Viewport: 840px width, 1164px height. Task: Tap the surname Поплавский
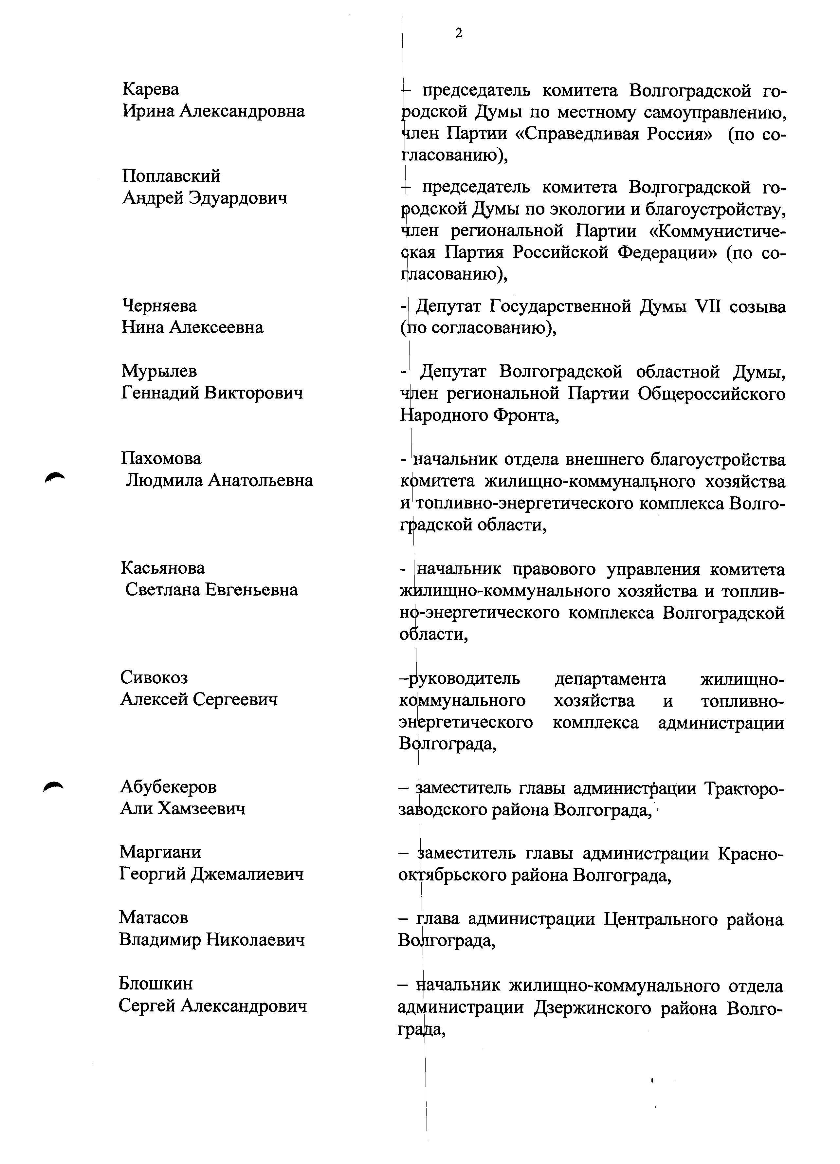(x=171, y=176)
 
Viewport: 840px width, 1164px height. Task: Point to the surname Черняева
(x=159, y=306)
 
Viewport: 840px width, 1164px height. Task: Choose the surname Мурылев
(x=158, y=371)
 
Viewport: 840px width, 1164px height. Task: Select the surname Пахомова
(x=161, y=458)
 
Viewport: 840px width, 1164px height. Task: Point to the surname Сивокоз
(x=154, y=677)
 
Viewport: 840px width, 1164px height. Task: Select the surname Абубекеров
(x=168, y=787)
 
